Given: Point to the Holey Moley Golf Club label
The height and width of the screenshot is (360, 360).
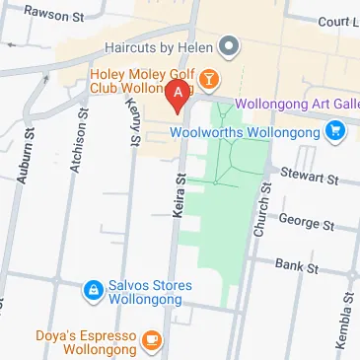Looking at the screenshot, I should (144, 79).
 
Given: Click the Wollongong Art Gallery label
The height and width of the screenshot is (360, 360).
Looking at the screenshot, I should (296, 106).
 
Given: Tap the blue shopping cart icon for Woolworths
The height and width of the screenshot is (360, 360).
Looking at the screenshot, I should (336, 129).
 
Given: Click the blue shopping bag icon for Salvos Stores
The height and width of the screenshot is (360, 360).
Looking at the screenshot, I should (91, 291).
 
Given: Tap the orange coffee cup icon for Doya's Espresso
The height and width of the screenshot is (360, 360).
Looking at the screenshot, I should (150, 342).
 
